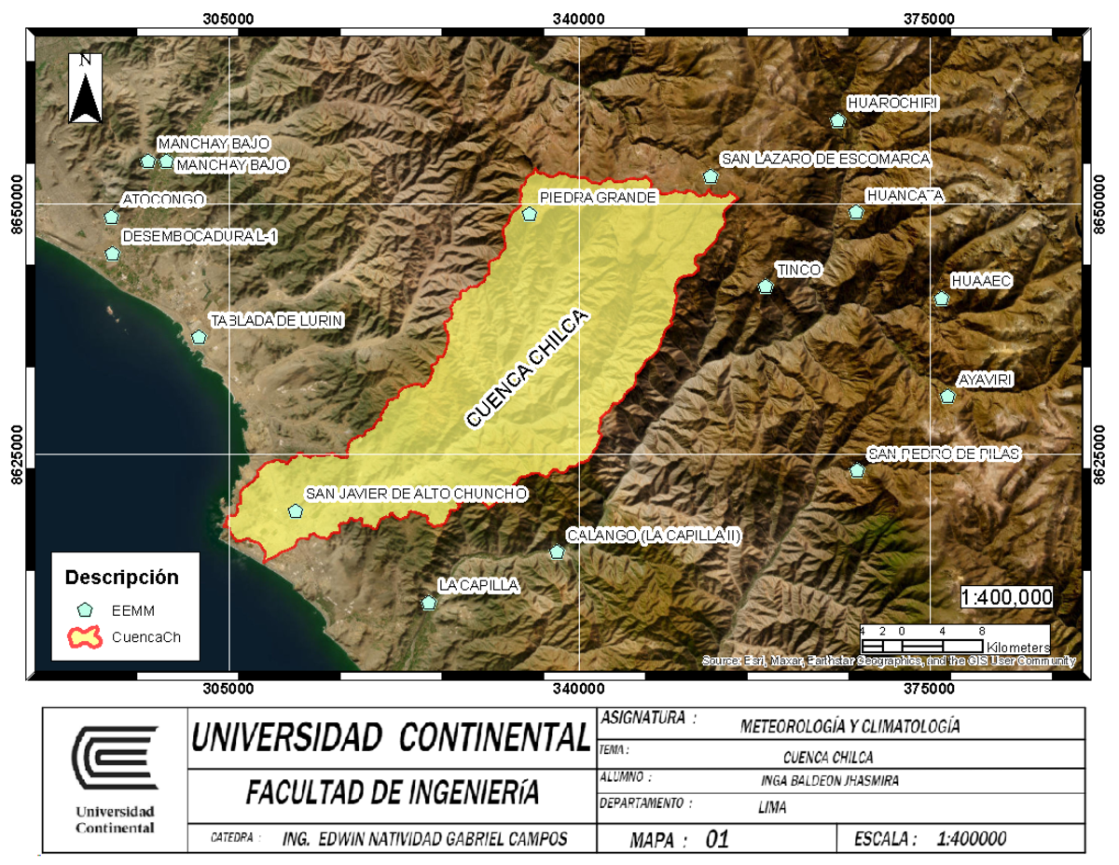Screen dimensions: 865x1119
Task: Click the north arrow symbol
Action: tap(86, 88)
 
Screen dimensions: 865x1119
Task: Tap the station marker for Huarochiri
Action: tap(837, 120)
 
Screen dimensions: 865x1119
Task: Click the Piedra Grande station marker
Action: tap(529, 214)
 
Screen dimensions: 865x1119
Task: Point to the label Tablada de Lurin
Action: tap(277, 320)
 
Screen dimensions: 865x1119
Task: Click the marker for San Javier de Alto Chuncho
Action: tap(296, 510)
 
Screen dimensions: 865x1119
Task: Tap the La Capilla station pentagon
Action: tap(428, 603)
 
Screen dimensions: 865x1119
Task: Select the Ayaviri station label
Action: tap(986, 379)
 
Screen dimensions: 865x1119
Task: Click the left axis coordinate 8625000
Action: tap(16, 454)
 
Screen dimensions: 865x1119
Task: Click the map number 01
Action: tap(716, 840)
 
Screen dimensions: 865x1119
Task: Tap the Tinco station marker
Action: tap(766, 287)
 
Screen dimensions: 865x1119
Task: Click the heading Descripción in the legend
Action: tap(121, 577)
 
